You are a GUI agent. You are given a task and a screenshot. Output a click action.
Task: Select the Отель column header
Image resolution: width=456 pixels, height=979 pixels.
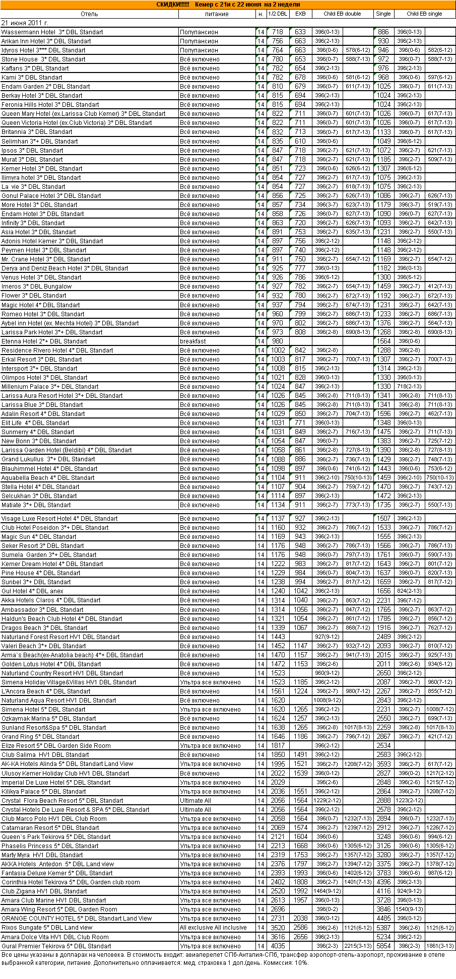click(89, 14)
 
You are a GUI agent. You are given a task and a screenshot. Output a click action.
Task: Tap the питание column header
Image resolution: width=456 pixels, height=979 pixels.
click(217, 14)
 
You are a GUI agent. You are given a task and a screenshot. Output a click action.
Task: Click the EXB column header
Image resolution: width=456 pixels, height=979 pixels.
click(300, 14)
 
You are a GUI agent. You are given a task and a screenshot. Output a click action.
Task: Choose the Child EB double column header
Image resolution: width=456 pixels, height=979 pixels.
click(343, 14)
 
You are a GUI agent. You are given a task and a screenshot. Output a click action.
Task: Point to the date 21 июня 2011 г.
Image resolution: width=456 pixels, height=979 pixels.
click(25, 23)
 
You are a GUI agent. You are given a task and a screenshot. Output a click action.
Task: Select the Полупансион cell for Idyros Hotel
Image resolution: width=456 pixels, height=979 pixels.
click(199, 50)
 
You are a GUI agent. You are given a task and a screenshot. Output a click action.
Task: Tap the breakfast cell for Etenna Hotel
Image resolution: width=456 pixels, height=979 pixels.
click(193, 341)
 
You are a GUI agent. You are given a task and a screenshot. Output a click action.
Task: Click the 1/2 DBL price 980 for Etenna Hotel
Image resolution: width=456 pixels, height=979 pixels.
click(278, 341)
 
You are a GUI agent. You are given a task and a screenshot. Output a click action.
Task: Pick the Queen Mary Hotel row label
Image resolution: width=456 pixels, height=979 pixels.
click(83, 114)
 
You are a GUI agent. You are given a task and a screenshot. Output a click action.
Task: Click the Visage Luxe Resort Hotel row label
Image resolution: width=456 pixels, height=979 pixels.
click(59, 519)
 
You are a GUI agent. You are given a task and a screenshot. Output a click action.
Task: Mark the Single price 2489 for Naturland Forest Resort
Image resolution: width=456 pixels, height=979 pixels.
click(383, 637)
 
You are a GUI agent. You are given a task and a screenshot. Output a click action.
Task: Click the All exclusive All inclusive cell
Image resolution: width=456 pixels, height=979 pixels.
click(213, 928)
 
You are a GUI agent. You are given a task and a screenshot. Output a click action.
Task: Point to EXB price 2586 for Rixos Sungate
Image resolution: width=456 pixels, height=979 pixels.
click(301, 928)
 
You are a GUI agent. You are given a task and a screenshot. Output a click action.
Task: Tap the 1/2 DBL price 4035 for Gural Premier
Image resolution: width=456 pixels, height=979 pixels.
click(278, 946)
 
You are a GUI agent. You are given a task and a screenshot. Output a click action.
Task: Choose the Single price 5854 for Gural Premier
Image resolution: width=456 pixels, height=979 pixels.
click(383, 946)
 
